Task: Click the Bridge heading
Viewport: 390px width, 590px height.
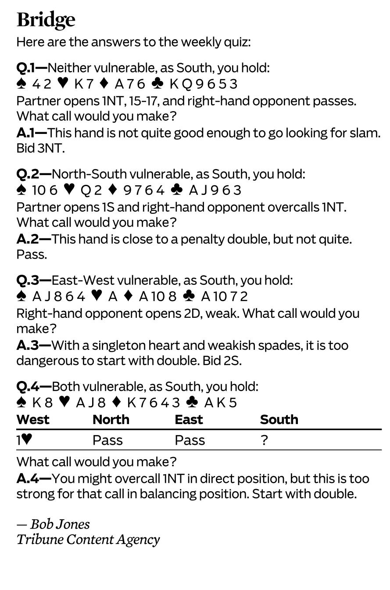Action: click(x=46, y=20)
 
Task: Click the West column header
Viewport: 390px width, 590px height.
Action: click(x=33, y=420)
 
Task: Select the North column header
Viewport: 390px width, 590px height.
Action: click(x=111, y=420)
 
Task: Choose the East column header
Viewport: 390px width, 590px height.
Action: click(x=189, y=420)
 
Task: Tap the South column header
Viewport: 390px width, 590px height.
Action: click(x=279, y=420)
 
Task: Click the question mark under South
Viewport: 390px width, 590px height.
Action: click(x=264, y=440)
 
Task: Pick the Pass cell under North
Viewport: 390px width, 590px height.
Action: click(x=107, y=440)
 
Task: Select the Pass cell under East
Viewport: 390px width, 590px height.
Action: click(x=190, y=440)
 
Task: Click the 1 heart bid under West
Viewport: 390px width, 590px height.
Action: click(x=24, y=440)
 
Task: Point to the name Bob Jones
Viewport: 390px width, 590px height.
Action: click(x=60, y=524)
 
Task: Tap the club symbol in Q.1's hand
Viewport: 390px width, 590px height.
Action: click(x=157, y=83)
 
